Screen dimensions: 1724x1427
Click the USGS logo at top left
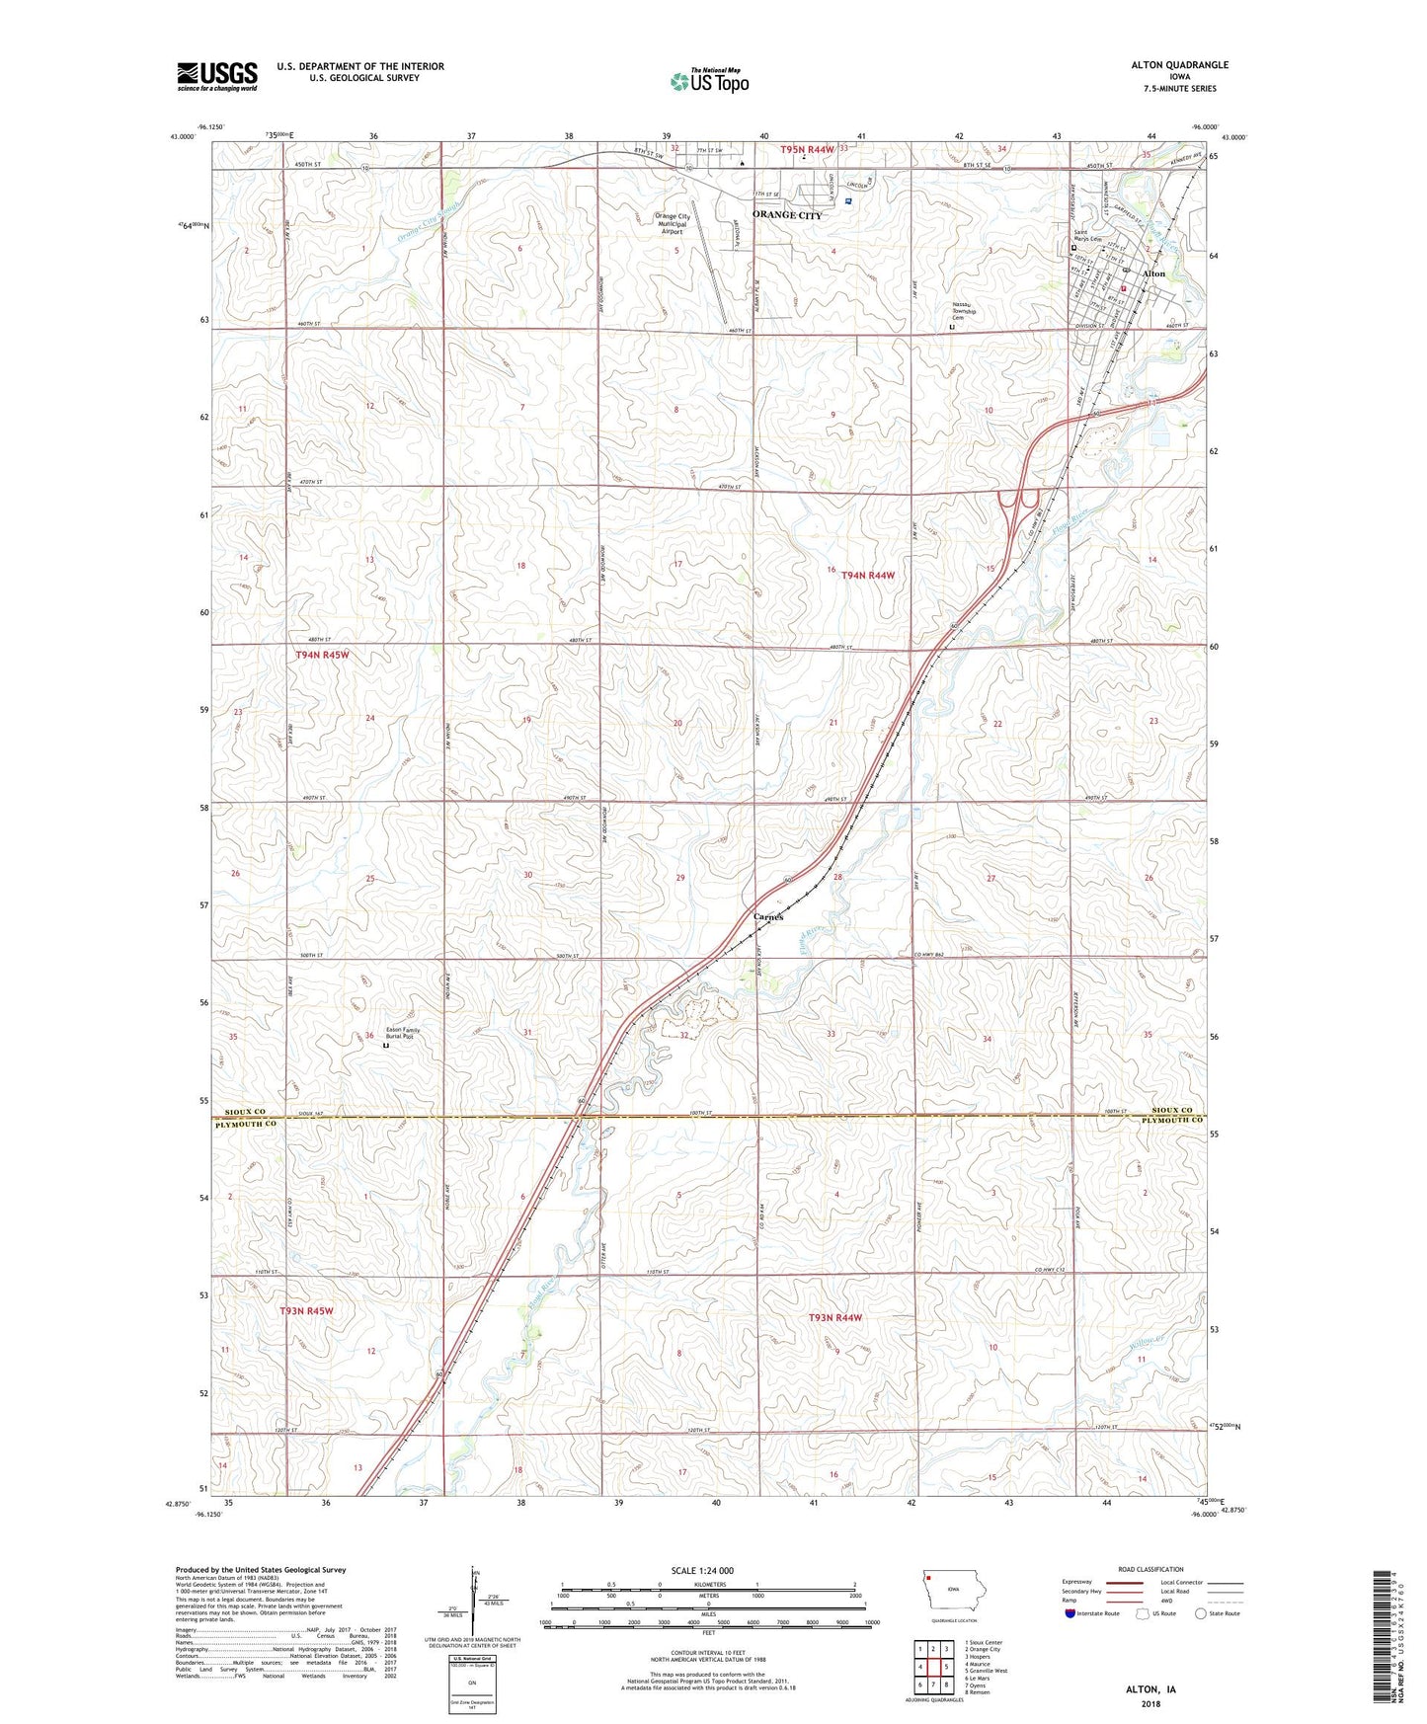(x=216, y=76)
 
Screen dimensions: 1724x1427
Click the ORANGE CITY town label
(x=786, y=214)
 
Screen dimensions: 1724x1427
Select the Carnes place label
(x=767, y=916)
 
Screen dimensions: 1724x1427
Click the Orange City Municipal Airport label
(x=672, y=224)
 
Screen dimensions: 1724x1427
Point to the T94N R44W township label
(x=868, y=575)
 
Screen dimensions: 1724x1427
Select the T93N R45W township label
(x=306, y=1310)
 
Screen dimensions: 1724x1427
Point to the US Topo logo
(x=708, y=82)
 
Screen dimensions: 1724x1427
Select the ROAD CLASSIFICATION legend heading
(x=1150, y=1569)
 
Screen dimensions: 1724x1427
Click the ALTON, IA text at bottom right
(x=1150, y=1689)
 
